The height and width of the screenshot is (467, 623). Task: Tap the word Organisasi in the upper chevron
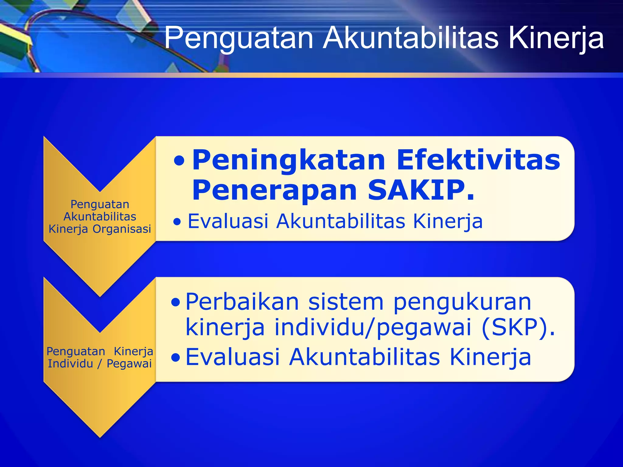pos(122,229)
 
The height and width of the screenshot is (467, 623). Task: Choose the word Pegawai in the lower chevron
pos(129,363)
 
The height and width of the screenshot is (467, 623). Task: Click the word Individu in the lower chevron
pos(70,363)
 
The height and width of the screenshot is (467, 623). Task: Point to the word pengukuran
pos(462,303)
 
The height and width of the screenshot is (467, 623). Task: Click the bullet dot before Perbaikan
pos(176,302)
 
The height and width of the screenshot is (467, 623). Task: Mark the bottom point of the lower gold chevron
pos(100,437)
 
